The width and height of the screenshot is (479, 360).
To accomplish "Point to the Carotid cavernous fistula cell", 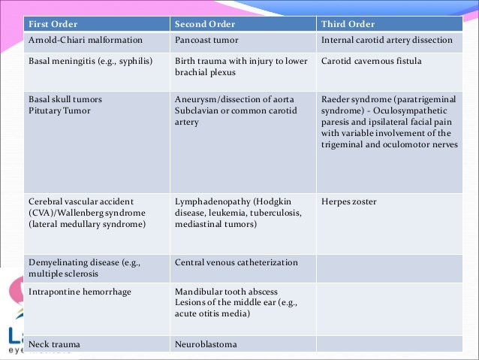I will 371,60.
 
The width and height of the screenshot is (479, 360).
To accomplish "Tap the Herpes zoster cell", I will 348,201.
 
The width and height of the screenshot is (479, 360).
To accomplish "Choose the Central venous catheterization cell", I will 236,262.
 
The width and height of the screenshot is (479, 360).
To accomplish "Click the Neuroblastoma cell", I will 206,344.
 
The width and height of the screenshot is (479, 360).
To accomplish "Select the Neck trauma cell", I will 54,344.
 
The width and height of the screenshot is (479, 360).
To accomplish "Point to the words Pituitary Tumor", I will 59,110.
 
